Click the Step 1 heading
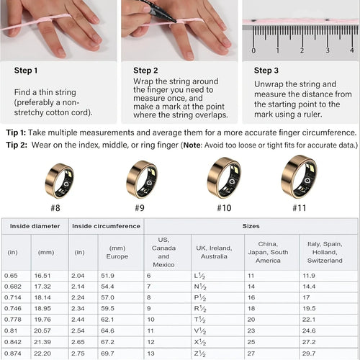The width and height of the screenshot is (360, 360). pos(27,71)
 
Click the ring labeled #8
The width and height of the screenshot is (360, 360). pos(59,180)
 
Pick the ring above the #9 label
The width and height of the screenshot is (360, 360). pos(141,179)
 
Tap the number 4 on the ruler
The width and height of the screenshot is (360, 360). pos(328,50)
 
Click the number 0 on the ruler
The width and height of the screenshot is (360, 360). pos(253,50)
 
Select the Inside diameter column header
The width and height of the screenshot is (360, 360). pos(35,226)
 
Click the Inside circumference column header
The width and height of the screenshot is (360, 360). pos(106,226)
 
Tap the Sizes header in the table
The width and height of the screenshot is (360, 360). pos(250,226)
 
